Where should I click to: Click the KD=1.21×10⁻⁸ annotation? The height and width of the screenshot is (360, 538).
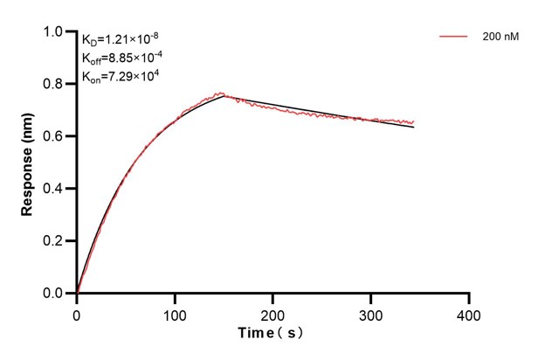(120, 40)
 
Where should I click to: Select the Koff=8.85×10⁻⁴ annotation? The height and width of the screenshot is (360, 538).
(122, 59)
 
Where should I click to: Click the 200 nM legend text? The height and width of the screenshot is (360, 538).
(499, 38)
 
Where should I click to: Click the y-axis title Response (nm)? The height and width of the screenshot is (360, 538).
(29, 163)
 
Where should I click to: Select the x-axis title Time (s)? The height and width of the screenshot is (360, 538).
(272, 335)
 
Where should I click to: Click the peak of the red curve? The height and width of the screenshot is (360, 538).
(222, 93)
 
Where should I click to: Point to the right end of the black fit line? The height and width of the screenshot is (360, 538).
(414, 128)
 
